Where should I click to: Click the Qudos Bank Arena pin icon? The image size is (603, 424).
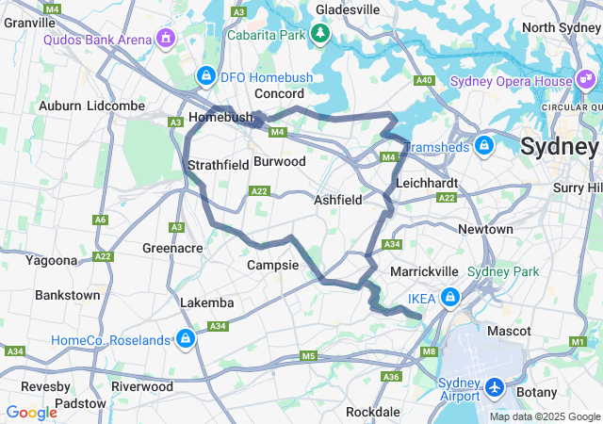[166, 39]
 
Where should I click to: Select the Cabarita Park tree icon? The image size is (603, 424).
[320, 35]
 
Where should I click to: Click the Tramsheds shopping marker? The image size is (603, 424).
[483, 146]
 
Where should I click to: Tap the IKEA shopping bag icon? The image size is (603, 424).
[450, 299]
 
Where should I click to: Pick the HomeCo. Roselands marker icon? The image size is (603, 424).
[186, 339]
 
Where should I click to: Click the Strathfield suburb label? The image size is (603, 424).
[218, 165]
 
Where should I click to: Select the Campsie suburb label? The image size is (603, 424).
[272, 266]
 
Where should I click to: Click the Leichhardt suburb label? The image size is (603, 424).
[427, 182]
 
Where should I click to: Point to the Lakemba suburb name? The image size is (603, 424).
[207, 302]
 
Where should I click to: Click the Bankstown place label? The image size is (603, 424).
[67, 295]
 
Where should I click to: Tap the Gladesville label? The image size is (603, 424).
[348, 9]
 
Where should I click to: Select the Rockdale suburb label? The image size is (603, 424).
[373, 412]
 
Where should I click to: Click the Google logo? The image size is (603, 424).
[31, 412]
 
